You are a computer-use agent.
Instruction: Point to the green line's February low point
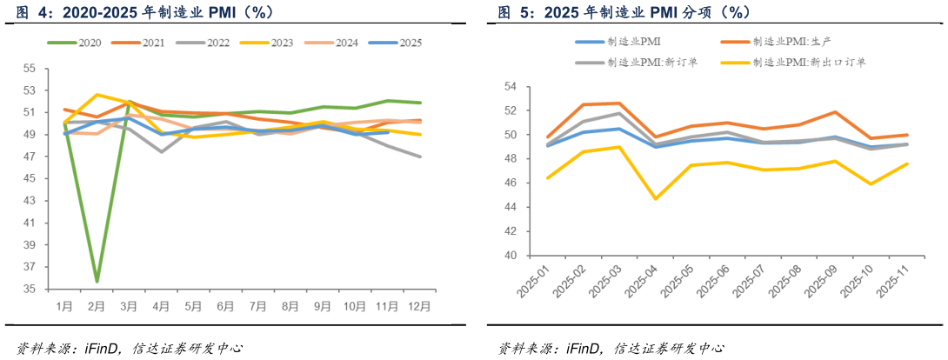pos(97,281)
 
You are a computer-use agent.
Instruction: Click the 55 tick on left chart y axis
pos(30,68)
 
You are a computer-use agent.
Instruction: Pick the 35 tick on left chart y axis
pos(30,289)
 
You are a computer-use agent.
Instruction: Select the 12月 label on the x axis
pos(419,307)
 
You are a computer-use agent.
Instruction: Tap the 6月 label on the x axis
pos(225,307)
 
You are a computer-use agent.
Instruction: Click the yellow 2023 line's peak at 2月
pos(97,94)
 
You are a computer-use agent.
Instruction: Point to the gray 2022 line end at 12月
pos(420,157)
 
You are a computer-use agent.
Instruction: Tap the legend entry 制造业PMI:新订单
pos(652,62)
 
